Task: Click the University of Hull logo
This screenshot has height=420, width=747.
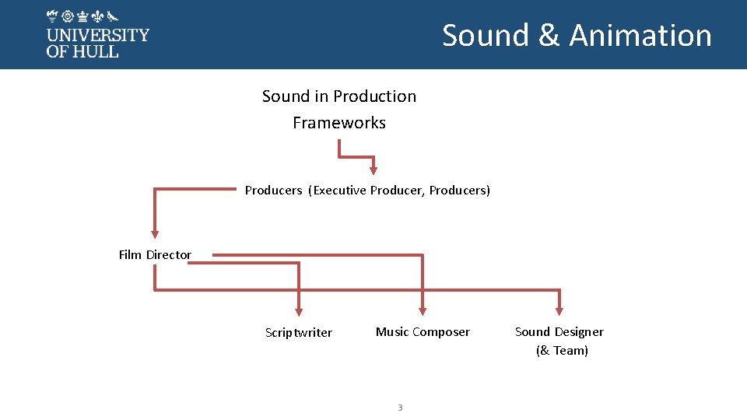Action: pyautogui.click(x=97, y=34)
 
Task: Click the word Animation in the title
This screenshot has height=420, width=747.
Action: pyautogui.click(x=640, y=36)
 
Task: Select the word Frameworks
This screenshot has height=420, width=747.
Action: pyautogui.click(x=339, y=123)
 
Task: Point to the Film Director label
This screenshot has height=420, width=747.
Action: pyautogui.click(x=155, y=255)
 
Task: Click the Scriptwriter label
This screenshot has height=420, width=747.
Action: pyautogui.click(x=298, y=333)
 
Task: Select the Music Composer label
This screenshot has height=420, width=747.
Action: pyautogui.click(x=423, y=332)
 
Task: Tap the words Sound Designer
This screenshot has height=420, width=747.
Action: pyautogui.click(x=559, y=332)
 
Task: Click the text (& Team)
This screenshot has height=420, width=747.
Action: pyautogui.click(x=562, y=351)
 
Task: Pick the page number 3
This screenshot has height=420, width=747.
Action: pyautogui.click(x=400, y=408)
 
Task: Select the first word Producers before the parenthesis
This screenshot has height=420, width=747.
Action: pyautogui.click(x=273, y=191)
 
